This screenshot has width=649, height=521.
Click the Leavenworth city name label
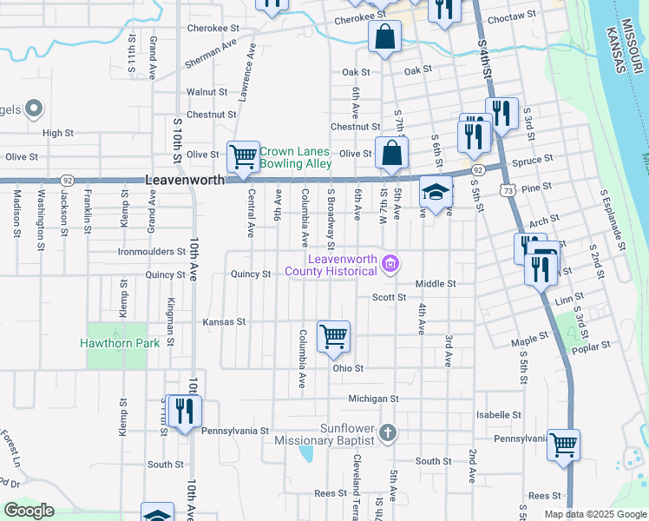(x=184, y=180)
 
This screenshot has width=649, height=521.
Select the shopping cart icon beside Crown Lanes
(x=244, y=157)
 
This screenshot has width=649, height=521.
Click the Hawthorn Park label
(x=120, y=343)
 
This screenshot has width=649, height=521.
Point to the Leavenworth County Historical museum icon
(x=390, y=263)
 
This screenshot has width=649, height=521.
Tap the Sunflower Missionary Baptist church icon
(x=388, y=432)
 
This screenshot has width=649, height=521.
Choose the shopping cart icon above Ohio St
(x=334, y=336)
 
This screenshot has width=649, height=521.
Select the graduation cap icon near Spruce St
(x=436, y=194)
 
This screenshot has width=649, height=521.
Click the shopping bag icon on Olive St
(x=392, y=153)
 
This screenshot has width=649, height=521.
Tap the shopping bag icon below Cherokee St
(x=383, y=37)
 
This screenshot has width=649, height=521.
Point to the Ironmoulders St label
(x=152, y=253)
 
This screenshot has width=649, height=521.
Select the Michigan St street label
(x=373, y=399)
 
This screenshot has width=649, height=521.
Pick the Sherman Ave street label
(x=210, y=54)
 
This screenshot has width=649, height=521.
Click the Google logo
(x=29, y=511)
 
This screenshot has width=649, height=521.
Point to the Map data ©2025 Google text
(x=594, y=514)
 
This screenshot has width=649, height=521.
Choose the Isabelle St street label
(x=498, y=415)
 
